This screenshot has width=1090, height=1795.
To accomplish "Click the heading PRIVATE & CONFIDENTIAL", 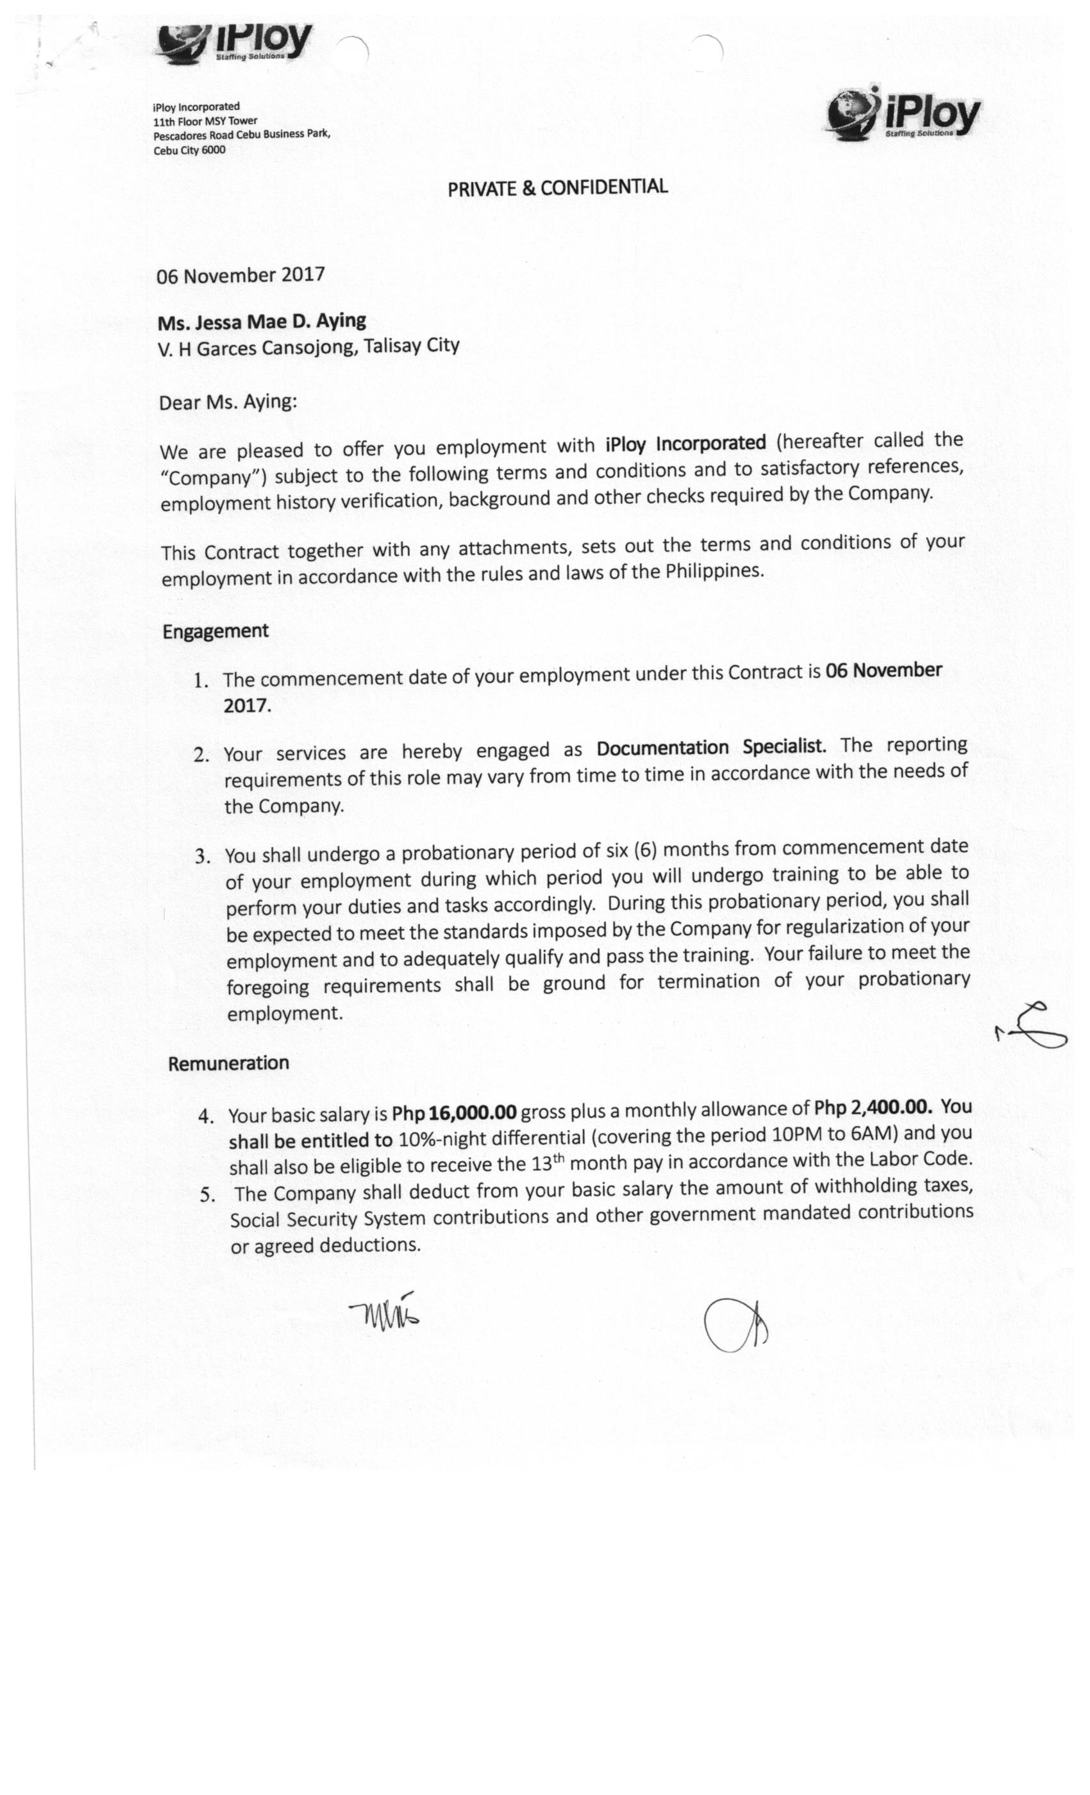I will (557, 187).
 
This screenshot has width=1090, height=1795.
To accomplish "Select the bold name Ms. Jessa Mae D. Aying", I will (262, 321).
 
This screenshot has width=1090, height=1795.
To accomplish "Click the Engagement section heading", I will (215, 631).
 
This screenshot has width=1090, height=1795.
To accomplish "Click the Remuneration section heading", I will (228, 1064).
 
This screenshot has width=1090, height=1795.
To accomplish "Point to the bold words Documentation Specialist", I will (711, 747).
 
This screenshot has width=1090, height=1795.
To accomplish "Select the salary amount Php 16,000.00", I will (454, 1112).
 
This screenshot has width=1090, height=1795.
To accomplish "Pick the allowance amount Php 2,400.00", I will (872, 1107).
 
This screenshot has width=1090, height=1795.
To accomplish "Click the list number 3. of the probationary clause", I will (203, 856).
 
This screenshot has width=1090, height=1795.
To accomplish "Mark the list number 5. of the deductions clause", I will (208, 1194).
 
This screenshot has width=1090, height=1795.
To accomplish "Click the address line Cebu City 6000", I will (189, 150).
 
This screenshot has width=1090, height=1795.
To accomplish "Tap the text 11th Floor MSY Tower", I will (205, 121).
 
